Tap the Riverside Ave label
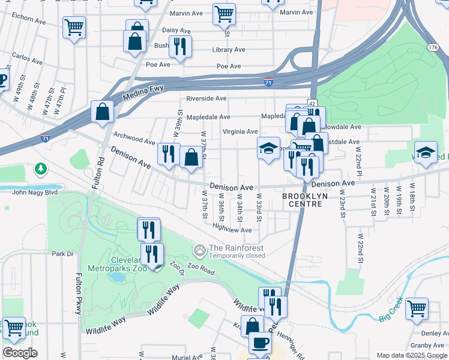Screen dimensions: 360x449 [x=206, y=98]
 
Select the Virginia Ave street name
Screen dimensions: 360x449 [x=240, y=132]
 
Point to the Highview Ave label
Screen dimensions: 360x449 [x=232, y=230]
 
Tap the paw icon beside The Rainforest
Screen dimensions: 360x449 [x=199, y=249]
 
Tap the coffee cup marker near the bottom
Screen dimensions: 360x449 [x=260, y=342]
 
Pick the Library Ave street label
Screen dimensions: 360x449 [x=229, y=50]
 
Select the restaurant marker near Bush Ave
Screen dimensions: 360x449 [x=179, y=46]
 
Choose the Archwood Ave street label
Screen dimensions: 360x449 [x=134, y=140]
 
